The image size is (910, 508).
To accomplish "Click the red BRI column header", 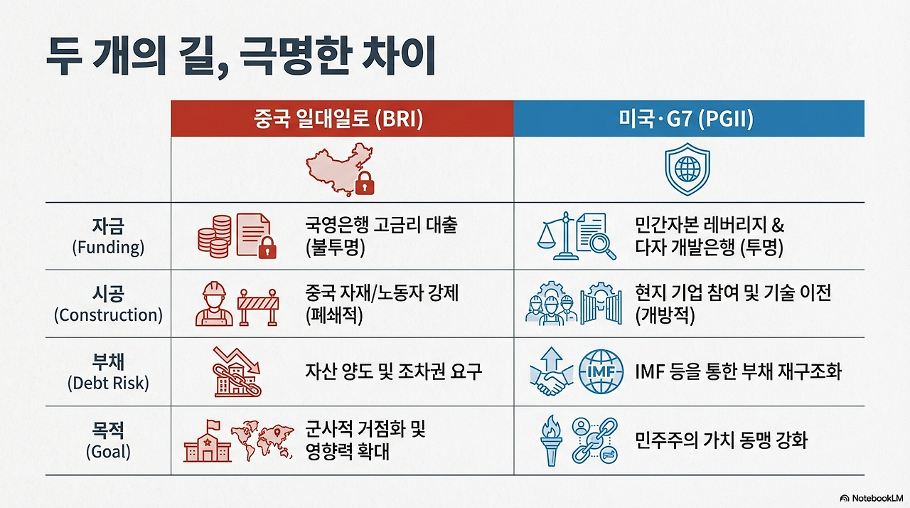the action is pyautogui.click(x=342, y=118).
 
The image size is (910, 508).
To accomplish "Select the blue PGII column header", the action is pyautogui.click(x=689, y=118).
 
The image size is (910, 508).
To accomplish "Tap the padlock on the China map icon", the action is pyautogui.click(x=365, y=184).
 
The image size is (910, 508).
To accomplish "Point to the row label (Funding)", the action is pyautogui.click(x=108, y=247).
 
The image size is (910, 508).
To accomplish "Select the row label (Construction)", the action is pyautogui.click(x=108, y=315).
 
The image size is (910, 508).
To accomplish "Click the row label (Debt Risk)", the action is pyautogui.click(x=108, y=383).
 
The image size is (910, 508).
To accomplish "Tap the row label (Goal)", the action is pyautogui.click(x=108, y=451).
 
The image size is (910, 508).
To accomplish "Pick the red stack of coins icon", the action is pyautogui.click(x=214, y=236).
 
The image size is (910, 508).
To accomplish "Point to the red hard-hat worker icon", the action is pyautogui.click(x=214, y=304).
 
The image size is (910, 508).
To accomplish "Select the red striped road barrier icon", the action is pyautogui.click(x=258, y=307).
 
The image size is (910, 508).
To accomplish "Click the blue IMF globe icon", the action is pyautogui.click(x=601, y=372).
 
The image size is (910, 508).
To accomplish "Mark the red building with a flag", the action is pyautogui.click(x=207, y=441).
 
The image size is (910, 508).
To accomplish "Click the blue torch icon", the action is pyautogui.click(x=552, y=440).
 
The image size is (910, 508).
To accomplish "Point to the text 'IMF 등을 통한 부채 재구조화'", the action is pyautogui.click(x=738, y=371).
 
